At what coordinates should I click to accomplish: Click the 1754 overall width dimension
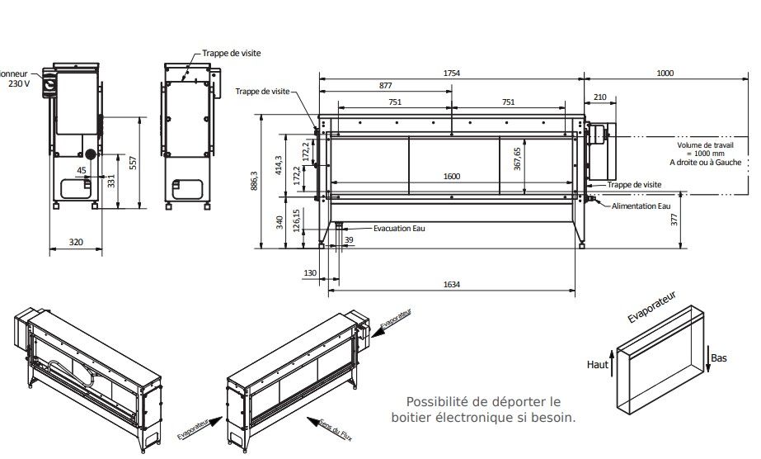451,73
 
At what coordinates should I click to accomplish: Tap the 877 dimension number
385,87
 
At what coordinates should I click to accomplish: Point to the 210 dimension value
599,97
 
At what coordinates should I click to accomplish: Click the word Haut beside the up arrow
597,364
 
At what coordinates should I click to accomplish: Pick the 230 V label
19,84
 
